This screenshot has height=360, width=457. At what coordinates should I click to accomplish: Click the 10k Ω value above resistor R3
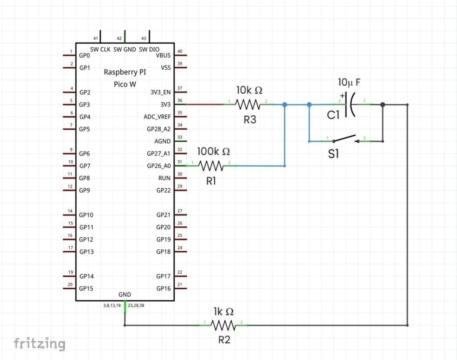click(x=249, y=91)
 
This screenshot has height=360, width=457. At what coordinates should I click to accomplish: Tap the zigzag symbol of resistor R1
click(x=211, y=166)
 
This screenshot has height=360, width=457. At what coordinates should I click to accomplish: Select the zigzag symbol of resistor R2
click(x=223, y=325)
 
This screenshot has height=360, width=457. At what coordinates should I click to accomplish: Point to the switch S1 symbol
click(x=345, y=139)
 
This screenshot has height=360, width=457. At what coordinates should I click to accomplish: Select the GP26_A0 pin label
click(x=158, y=166)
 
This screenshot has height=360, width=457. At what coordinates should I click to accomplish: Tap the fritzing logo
click(x=39, y=343)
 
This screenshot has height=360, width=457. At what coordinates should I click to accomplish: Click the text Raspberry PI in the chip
click(x=125, y=72)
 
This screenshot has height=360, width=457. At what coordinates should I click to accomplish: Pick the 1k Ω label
click(x=223, y=311)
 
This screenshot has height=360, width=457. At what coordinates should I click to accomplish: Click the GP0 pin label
click(x=84, y=56)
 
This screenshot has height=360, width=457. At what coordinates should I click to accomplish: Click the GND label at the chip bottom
click(x=125, y=294)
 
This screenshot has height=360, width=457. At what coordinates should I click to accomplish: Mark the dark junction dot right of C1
click(x=382, y=105)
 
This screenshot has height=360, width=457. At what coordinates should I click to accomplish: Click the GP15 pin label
click(x=86, y=288)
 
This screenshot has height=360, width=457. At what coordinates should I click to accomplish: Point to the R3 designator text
click(x=250, y=119)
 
